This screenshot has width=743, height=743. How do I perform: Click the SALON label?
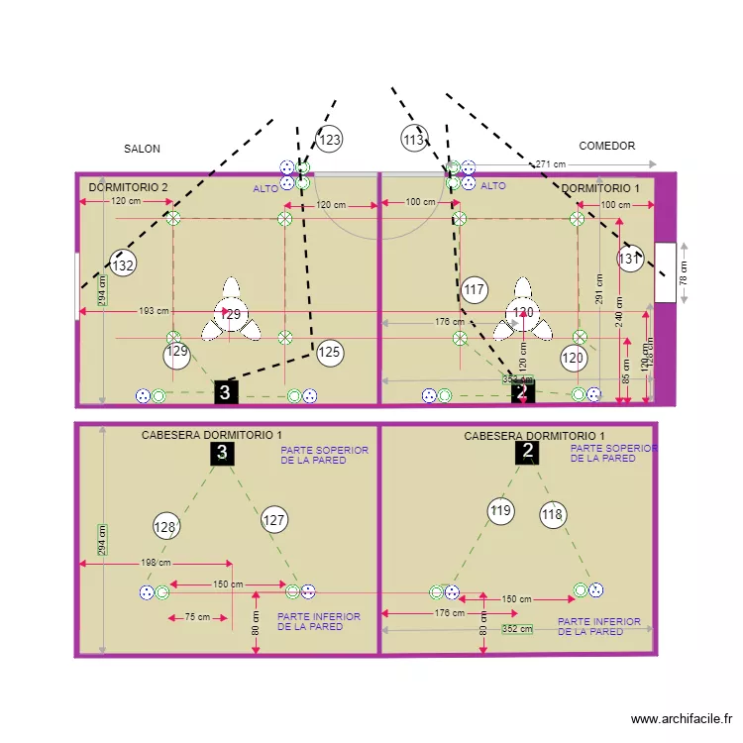(x=142, y=149)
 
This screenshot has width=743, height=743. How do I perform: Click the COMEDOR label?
(x=606, y=146)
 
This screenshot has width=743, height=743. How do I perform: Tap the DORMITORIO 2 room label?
(x=129, y=187)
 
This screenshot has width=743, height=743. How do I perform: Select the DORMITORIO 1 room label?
(x=600, y=188)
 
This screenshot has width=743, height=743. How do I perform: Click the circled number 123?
(x=330, y=140)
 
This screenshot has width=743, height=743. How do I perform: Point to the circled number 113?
(x=414, y=140)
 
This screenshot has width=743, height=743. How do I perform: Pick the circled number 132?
(x=122, y=265)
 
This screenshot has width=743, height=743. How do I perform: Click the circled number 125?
(x=330, y=351)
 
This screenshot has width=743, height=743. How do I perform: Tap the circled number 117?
(x=475, y=290)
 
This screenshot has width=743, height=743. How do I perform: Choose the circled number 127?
(x=274, y=518)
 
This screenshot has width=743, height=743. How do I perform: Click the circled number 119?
(x=501, y=511)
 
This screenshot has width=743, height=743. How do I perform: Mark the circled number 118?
(x=553, y=513)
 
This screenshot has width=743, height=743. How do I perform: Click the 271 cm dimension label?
(x=550, y=164)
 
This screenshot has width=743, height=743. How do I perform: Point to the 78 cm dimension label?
(x=683, y=272)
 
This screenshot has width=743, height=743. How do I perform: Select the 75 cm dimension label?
(x=197, y=617)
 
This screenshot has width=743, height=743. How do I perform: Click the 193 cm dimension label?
(x=154, y=311)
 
